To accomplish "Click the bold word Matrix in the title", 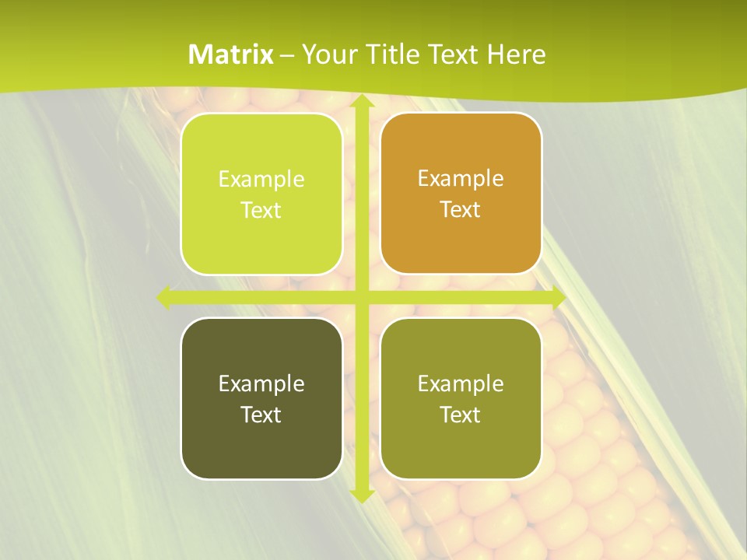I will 231,54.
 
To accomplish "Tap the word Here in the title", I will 516,54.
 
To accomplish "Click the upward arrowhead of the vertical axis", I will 362,101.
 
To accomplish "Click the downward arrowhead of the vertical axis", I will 362,495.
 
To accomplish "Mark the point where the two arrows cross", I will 362,297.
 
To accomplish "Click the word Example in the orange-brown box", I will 461,178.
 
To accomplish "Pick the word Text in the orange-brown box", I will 461,209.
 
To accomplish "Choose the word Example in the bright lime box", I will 261,179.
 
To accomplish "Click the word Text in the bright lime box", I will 261,210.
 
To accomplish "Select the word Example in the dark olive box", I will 261,383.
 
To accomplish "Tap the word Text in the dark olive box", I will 261,415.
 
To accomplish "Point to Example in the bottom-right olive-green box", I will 461,383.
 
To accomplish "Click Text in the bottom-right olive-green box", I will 461,415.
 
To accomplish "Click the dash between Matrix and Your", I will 287,55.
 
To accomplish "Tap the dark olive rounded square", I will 261,451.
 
